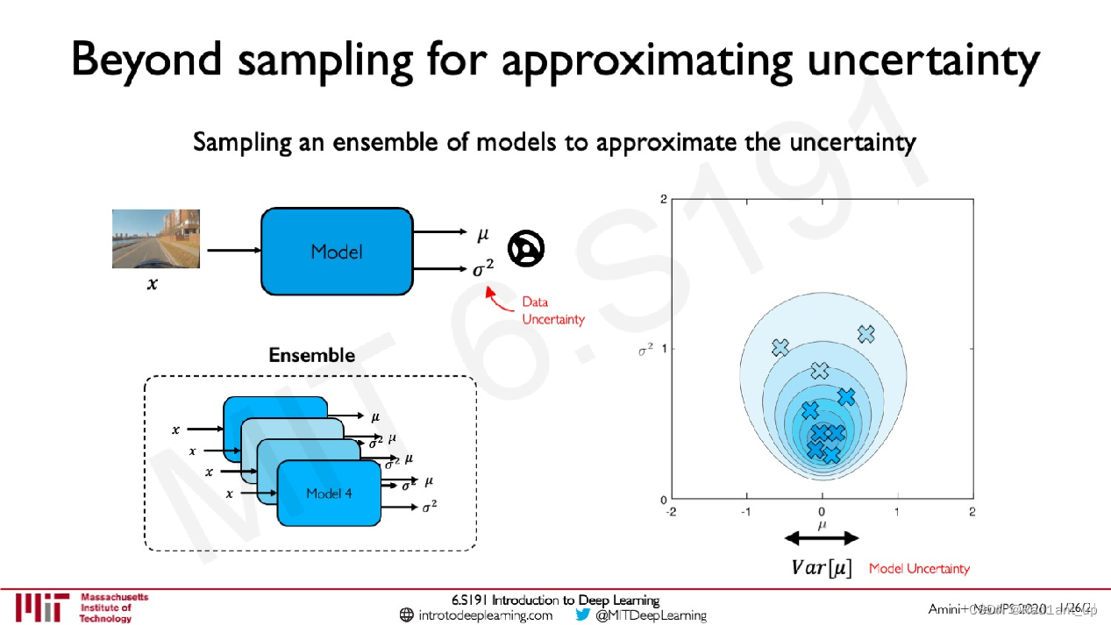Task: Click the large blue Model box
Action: tap(337, 251)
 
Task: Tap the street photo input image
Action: tap(155, 238)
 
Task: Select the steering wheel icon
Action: tap(527, 249)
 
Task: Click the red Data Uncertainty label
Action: tap(552, 310)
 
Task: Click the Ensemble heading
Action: tap(311, 355)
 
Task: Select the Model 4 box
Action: tap(329, 494)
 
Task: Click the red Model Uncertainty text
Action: tap(919, 569)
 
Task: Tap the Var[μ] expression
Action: tap(822, 568)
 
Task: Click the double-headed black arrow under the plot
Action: tap(822, 538)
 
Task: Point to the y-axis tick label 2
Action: tap(663, 199)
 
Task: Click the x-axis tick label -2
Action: tap(672, 511)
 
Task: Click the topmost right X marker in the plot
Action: tap(866, 334)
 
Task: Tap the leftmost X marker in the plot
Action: tap(780, 348)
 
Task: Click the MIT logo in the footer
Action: tap(40, 607)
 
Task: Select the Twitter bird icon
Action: tap(583, 614)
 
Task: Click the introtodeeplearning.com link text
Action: tap(485, 615)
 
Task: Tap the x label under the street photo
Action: tap(152, 284)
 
